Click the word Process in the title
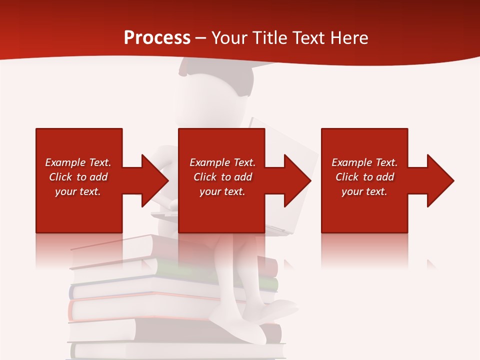pos(157,37)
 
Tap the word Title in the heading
pos(269,37)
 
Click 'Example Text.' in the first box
pos(78,162)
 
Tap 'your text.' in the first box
pos(78,191)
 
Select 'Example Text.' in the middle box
pos(222,162)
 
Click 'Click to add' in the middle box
pos(222,177)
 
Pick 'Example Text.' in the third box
pos(364,162)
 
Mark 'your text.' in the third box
pos(364,191)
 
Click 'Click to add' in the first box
pos(78,177)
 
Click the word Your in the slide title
pos(228,37)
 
